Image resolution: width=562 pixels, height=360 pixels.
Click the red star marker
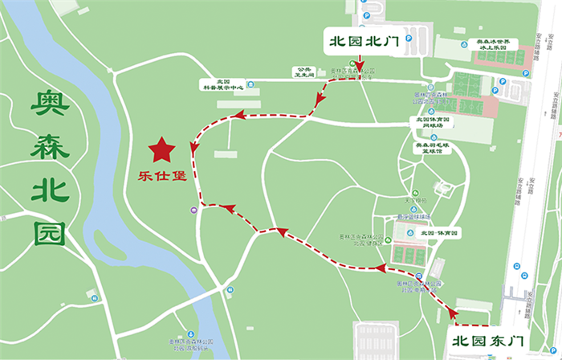pyautogui.click(x=163, y=149)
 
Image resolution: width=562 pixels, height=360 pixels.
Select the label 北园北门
pyautogui.click(x=358, y=39)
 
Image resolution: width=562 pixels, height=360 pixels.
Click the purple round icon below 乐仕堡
pyautogui.click(x=195, y=211)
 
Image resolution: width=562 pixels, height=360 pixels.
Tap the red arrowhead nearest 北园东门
pyautogui.click(x=454, y=311)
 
